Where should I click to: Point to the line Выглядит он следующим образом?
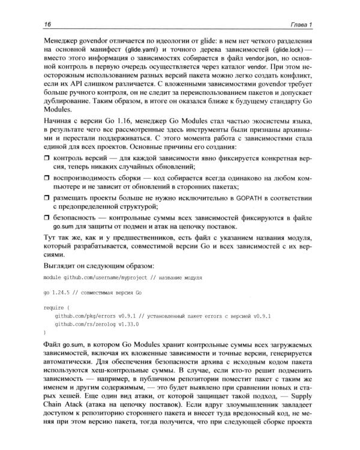click(99, 266)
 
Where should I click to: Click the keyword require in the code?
click(56, 308)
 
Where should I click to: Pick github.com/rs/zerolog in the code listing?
click(84, 324)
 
